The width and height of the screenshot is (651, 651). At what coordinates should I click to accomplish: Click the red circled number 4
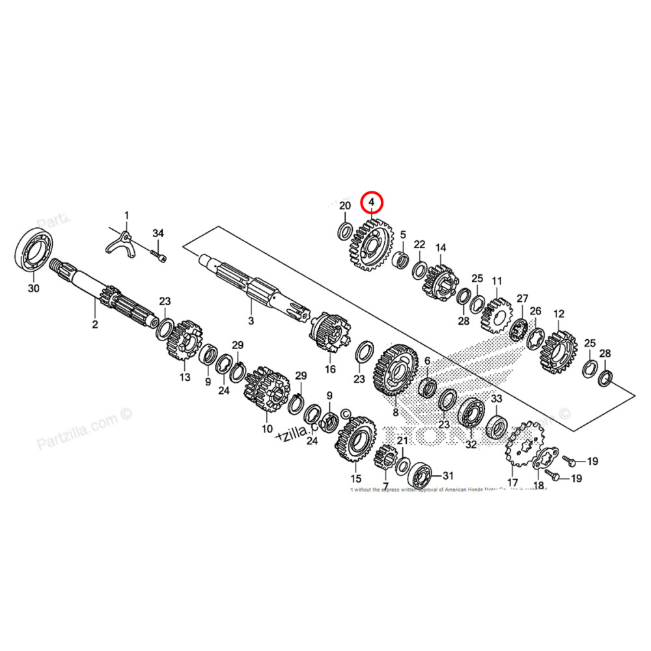tap(372, 203)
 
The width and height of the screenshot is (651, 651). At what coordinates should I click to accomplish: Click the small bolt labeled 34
tap(158, 255)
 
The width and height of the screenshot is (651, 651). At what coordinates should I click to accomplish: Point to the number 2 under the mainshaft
tap(94, 324)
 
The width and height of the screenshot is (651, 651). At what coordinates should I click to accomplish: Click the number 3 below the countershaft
tap(251, 321)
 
